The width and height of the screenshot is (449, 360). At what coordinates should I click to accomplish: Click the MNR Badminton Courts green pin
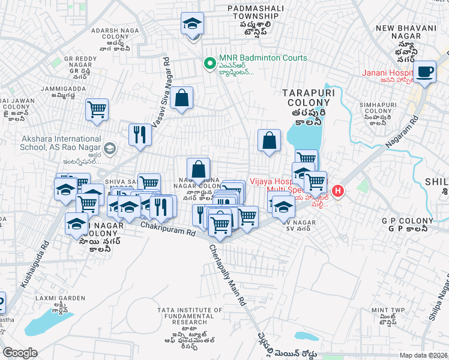click(x=209, y=62)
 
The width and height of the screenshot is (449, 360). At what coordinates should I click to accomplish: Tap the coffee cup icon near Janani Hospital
click(x=426, y=71)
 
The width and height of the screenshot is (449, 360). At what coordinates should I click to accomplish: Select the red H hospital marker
click(x=338, y=191)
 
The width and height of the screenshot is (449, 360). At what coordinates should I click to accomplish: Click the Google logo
click(x=20, y=352)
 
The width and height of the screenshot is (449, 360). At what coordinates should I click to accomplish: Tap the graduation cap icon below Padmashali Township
click(x=191, y=25)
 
